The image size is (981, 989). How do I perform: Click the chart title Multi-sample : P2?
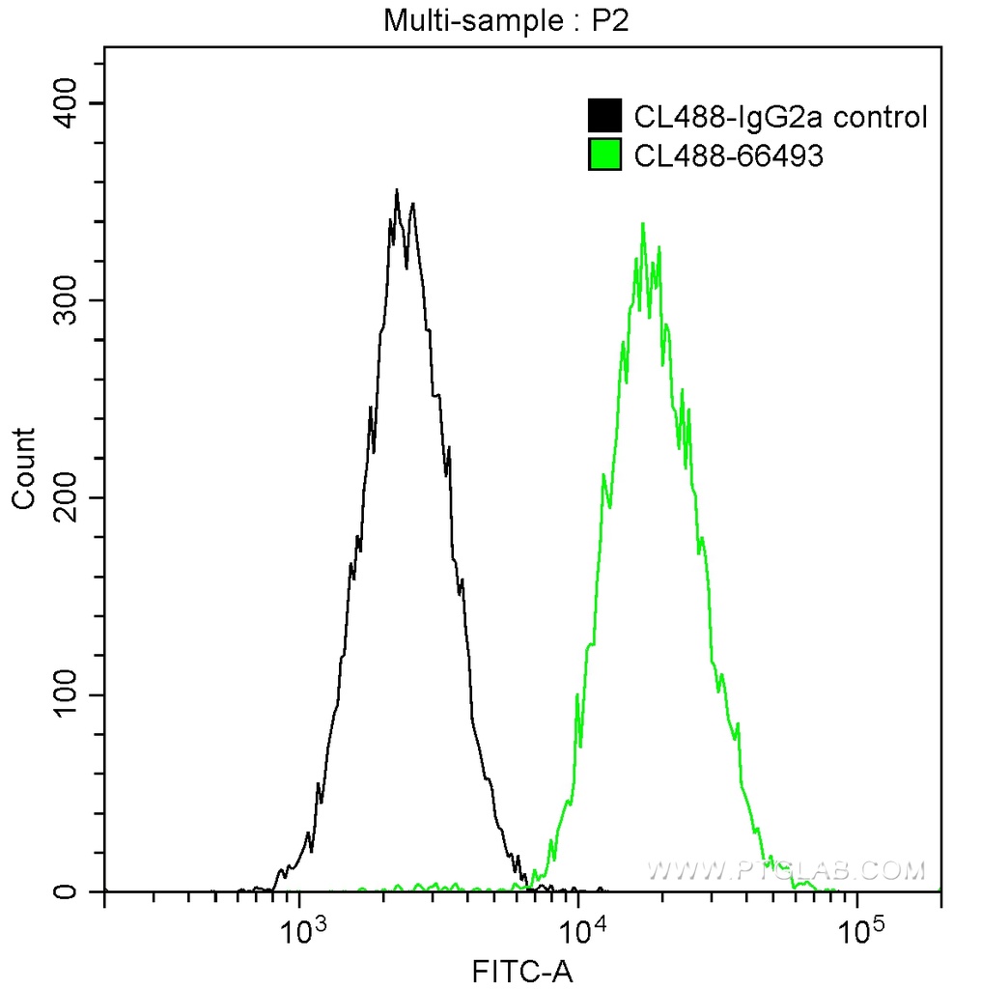click(506, 19)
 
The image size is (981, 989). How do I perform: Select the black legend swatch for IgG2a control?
click(604, 117)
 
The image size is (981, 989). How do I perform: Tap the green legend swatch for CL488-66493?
click(604, 155)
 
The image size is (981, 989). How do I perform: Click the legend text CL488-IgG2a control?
click(780, 118)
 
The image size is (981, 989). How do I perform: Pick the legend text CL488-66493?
click(728, 155)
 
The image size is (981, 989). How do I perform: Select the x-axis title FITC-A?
click(521, 971)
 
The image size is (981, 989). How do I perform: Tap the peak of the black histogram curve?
click(397, 191)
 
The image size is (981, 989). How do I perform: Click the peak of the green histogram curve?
click(643, 224)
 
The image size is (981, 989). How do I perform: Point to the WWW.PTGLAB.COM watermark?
click(785, 870)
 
